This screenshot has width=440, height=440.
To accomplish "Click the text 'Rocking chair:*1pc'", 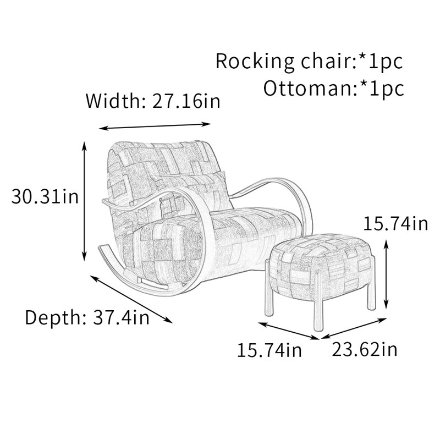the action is click(309, 61).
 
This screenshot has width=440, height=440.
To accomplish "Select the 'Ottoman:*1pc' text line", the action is click(334, 89).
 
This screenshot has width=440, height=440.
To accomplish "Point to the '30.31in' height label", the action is click(45, 196).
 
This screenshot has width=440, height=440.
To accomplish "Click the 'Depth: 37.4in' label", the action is click(87, 317).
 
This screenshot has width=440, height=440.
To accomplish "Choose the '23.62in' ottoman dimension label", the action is click(365, 350).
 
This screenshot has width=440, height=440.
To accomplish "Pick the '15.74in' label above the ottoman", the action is click(395, 224).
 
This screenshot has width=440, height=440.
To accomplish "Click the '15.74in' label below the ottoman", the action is click(269, 350).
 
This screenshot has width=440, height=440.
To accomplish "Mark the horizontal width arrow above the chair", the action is click(155, 126).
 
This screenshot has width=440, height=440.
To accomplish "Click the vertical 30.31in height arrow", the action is click(84, 201).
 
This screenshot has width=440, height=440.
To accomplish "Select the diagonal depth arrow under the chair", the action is click(131, 299).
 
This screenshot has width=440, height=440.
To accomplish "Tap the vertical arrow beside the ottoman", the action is click(387, 274).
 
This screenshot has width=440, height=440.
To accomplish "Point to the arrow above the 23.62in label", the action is click(354, 328).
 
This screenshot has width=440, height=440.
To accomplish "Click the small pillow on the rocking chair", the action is click(194, 194).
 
